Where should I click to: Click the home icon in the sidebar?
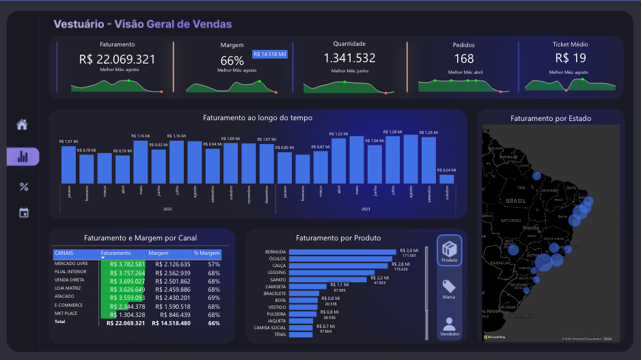pos(23,125)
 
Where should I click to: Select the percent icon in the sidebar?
pos(23,186)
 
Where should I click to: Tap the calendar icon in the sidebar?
pos(23,212)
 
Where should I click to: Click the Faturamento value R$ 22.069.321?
pos(117,59)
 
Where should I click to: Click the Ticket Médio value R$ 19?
pos(570,59)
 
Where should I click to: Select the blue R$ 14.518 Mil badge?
pos(269,54)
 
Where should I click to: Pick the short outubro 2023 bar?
pos(446,179)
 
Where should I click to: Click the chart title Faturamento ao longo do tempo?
pos(258,118)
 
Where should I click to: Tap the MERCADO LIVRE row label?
pos(70,264)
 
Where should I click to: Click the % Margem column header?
pos(206,253)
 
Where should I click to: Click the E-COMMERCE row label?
pos(68,305)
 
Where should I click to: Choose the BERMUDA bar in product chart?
pos(343,252)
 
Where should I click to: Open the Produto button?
pos(449,250)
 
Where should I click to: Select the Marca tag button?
pos(449,290)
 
